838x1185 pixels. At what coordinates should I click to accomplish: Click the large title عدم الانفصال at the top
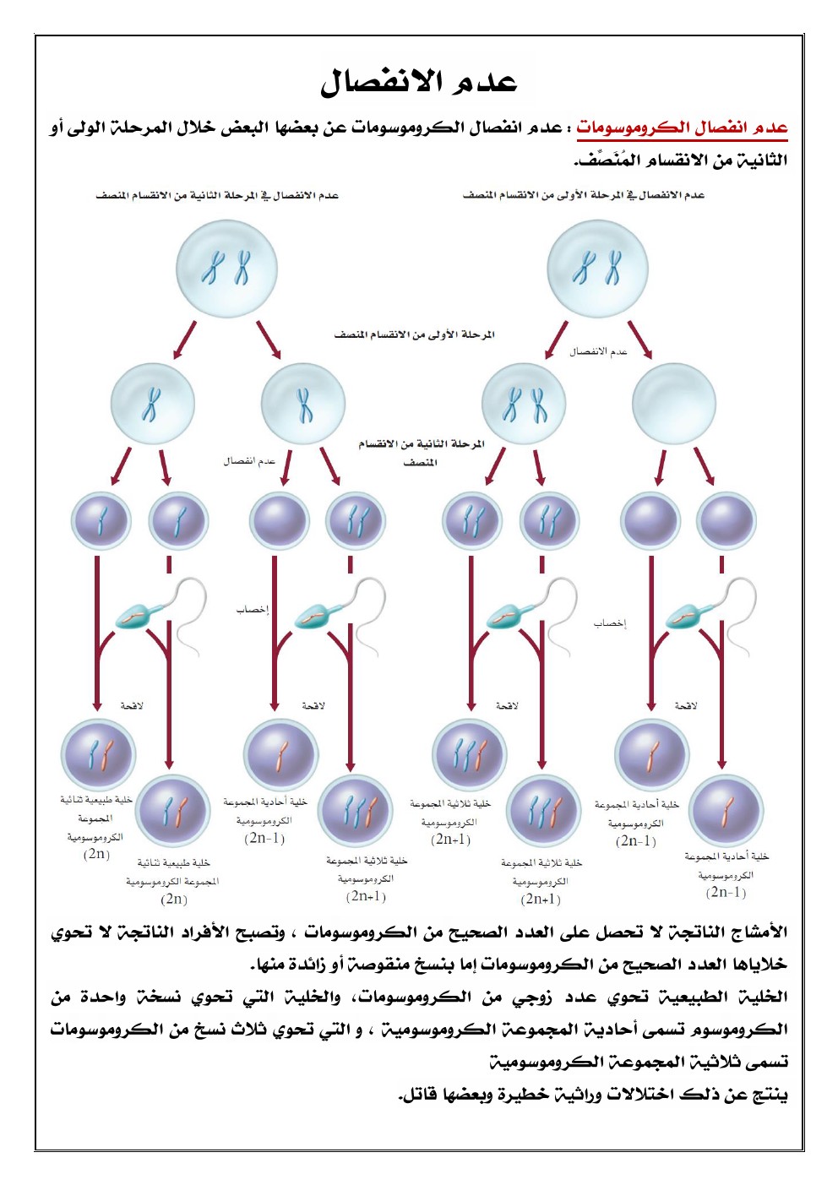[418, 82]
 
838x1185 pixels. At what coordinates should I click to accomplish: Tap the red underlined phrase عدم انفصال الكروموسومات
[682, 128]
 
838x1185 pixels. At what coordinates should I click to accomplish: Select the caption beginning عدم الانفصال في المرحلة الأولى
[583, 195]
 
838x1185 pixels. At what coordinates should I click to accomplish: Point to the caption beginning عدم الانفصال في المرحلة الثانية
[217, 195]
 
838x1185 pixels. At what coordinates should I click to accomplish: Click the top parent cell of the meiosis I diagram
[598, 269]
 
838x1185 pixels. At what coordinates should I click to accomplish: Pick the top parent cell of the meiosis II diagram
[226, 269]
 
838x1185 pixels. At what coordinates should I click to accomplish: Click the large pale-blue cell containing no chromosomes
[673, 404]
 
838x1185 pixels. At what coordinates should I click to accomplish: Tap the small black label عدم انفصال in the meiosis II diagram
[249, 461]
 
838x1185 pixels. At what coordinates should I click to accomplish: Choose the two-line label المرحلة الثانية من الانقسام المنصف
[421, 452]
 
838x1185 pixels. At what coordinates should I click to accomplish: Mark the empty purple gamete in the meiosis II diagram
[280, 519]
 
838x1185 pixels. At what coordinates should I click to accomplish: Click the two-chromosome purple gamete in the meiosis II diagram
[355, 519]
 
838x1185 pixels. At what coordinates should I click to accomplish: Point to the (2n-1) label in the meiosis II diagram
[264, 838]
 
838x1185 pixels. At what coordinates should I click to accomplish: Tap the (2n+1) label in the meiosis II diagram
[366, 896]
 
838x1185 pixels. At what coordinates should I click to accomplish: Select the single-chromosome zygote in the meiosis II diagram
[281, 754]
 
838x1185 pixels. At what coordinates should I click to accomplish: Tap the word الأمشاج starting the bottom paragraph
[754, 932]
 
